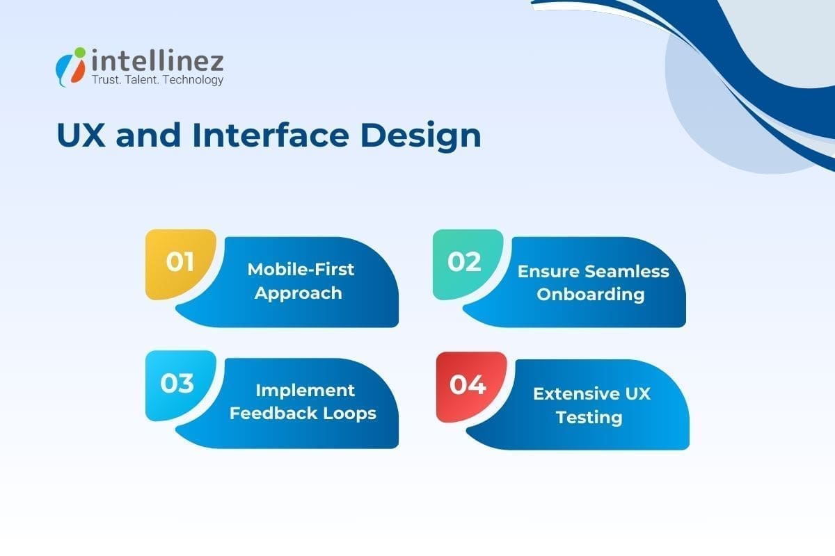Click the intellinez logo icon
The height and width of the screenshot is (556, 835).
[x=71, y=66]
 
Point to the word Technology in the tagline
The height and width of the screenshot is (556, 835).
[x=193, y=81]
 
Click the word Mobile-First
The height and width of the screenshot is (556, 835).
[x=301, y=270]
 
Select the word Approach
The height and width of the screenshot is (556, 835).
[x=298, y=293]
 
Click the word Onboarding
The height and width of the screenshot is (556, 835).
[x=591, y=295]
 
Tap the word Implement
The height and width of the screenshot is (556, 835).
[x=305, y=391]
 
